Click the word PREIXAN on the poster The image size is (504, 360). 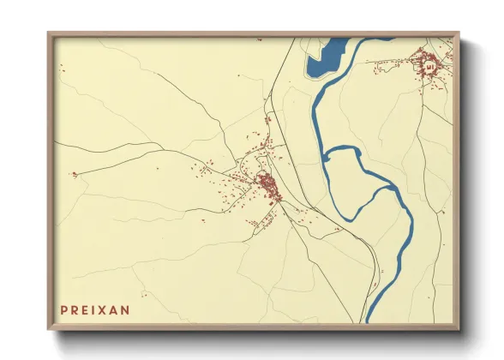pos(94,310)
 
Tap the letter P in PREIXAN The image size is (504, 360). pos(64,310)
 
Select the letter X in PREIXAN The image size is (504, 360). pos(105,310)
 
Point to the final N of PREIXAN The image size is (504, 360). pos(126,310)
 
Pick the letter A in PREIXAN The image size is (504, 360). pos(115,310)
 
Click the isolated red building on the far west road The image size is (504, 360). pos(74,175)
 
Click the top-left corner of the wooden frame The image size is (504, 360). pos(48,33)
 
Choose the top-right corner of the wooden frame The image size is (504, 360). pos(460,33)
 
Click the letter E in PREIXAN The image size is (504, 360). pos(85,310)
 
